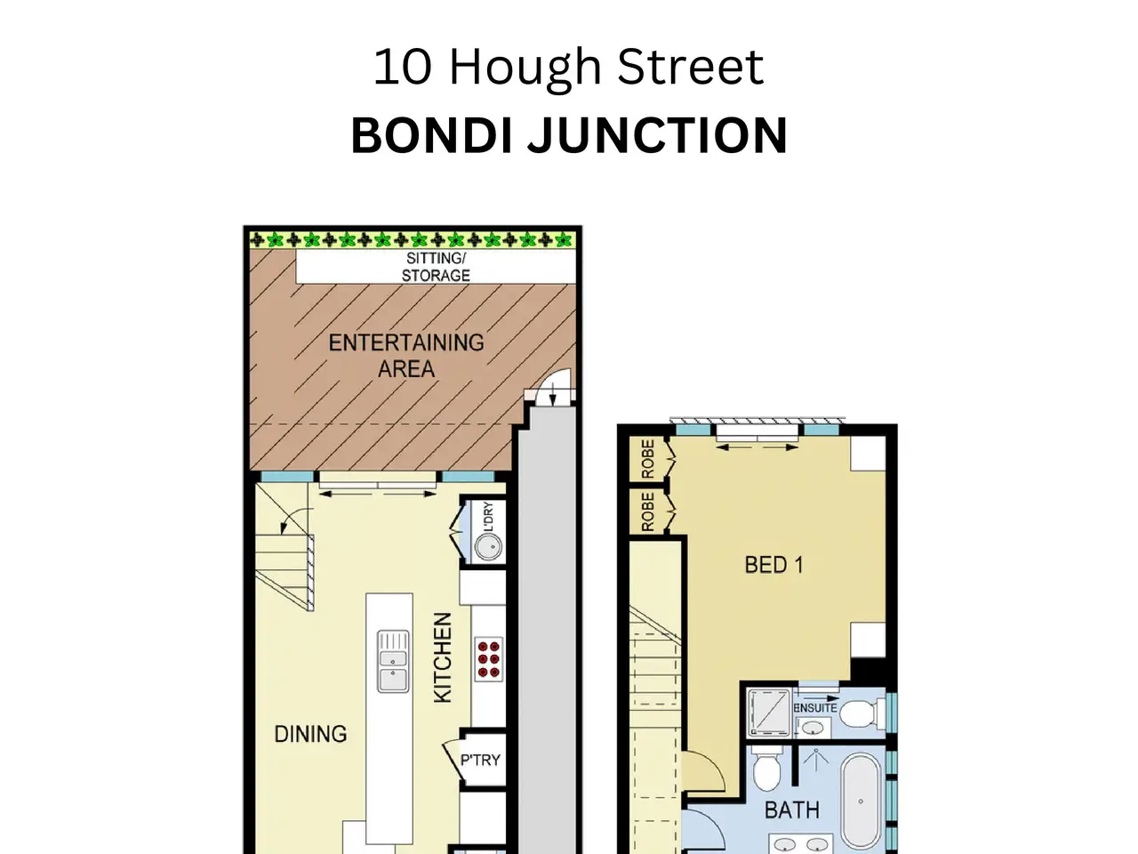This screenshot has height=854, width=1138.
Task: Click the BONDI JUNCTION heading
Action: [x=569, y=135]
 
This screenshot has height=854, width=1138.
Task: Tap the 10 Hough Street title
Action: [x=568, y=67]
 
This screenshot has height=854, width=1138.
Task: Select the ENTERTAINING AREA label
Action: [x=406, y=356]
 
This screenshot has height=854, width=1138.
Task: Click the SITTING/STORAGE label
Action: [x=436, y=267]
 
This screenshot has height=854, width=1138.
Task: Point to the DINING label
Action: [x=310, y=734]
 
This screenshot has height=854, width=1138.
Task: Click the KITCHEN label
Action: [x=443, y=657]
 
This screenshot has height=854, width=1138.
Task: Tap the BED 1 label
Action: [x=774, y=565]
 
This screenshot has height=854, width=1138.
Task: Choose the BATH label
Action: [x=792, y=810]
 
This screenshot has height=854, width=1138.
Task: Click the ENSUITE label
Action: [x=815, y=708]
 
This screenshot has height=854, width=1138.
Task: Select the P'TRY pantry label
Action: [x=480, y=760]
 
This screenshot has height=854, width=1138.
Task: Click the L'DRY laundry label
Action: [x=488, y=517]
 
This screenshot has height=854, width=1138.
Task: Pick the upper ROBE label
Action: [x=648, y=459]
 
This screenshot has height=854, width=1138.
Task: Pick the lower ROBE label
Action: [x=648, y=512]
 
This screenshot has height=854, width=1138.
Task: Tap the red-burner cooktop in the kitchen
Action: [x=488, y=659]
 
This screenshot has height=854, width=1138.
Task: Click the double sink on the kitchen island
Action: [x=393, y=661]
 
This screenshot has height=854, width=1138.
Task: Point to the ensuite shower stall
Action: [x=769, y=713]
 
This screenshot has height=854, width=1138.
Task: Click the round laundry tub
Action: [x=488, y=546]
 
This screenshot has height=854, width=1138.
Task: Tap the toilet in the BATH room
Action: [x=766, y=769]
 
